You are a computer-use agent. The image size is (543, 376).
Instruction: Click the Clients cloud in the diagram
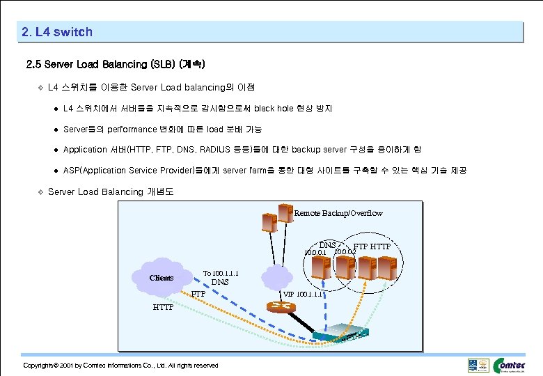click(162, 278)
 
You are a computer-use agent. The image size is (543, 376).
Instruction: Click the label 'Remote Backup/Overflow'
click(338, 213)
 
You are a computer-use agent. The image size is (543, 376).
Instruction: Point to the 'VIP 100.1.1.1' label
click(303, 294)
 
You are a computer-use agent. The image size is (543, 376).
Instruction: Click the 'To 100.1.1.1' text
click(221, 273)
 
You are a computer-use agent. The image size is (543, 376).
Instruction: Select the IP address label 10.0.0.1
click(316, 252)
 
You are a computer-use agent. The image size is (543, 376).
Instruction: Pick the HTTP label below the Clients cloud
click(164, 306)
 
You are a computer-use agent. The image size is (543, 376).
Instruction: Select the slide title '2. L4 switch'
click(57, 32)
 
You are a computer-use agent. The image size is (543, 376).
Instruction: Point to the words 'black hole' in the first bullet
click(274, 109)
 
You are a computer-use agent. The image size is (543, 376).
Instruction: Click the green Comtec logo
click(514, 365)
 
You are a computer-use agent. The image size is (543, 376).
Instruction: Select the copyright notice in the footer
click(120, 366)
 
